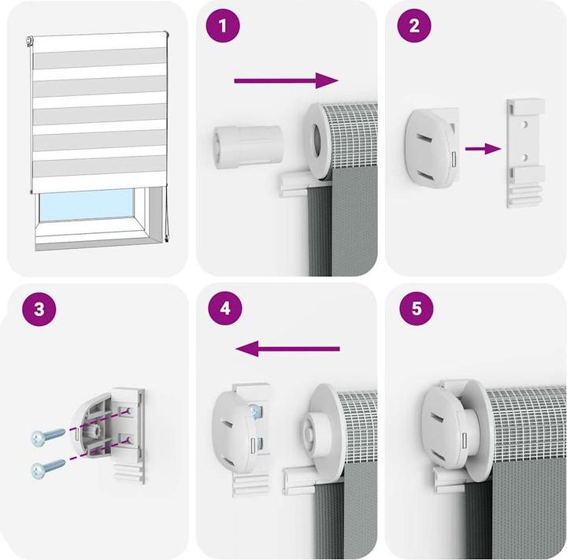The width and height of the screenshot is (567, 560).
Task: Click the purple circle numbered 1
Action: click(223, 26)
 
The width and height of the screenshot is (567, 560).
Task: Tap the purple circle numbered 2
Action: click(414, 26)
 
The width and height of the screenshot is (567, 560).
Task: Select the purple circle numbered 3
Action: click(39, 310)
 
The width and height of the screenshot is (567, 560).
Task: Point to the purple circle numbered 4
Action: click(225, 309)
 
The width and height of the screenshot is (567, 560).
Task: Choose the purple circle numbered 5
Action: click(417, 309)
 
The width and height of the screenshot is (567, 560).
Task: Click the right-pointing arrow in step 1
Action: click(286, 80)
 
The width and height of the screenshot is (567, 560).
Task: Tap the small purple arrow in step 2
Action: click(483, 148)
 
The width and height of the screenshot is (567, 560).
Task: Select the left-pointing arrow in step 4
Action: click(287, 349)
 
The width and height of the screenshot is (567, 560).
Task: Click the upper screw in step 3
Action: click(48, 436)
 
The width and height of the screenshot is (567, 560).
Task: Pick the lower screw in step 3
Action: click(48, 469)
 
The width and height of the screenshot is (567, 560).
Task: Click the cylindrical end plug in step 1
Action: click(248, 146)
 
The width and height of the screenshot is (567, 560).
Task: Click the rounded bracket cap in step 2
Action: click(430, 148)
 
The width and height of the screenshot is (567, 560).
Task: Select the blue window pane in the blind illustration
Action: click(87, 205)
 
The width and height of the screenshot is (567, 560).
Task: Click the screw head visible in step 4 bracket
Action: click(255, 410)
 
